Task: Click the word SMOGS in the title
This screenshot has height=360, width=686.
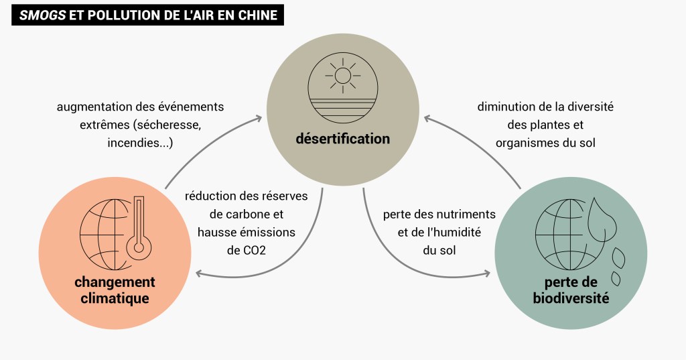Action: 42,15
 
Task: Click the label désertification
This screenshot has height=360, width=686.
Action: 343,139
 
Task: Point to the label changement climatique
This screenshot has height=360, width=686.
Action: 115,290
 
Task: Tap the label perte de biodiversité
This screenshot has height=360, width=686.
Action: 571,290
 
